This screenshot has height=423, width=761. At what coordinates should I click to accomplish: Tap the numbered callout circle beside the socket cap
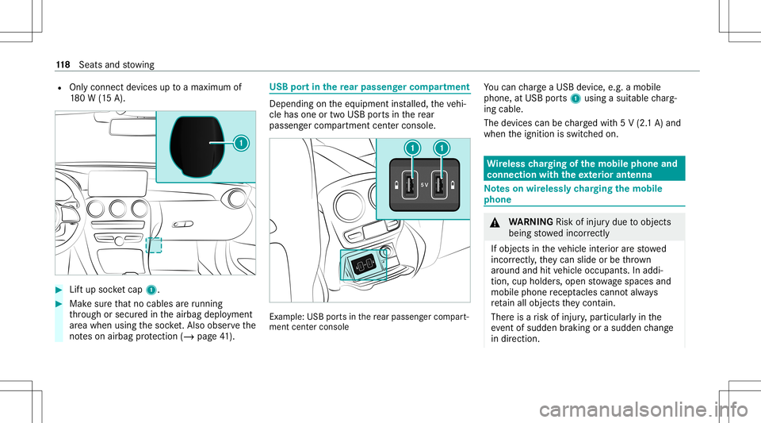point(239,144)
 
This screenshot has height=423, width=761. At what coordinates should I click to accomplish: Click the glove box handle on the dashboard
point(182,224)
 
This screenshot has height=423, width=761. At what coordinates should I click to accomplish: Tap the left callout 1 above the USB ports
point(411,147)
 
